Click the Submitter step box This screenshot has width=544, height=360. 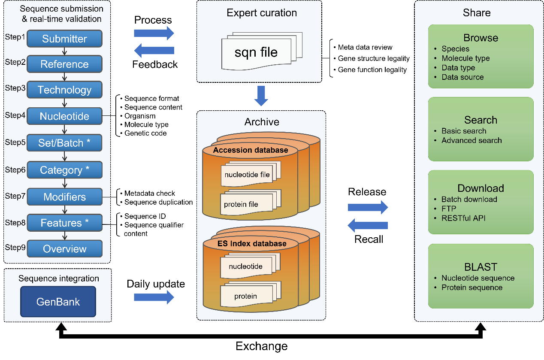pos(64,39)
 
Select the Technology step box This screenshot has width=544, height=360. pos(64,90)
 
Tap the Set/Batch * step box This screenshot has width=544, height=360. pos(64,143)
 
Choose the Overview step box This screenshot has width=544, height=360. pos(64,249)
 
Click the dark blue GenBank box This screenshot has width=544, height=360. pos(58,302)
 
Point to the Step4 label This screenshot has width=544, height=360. pos(15,115)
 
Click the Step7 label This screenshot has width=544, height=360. pos(15,196)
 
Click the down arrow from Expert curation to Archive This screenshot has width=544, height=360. pos(261,96)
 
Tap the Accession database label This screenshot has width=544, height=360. pos(251,150)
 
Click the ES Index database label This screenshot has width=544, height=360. pos(251,244)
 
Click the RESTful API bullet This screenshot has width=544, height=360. pos(463,218)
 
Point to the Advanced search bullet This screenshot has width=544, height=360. pos(471,140)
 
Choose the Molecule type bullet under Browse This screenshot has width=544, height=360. pos(465,58)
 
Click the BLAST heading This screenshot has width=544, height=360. pos(481,267)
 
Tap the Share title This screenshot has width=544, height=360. pos(476,13)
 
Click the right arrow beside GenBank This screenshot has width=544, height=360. pos(154,297)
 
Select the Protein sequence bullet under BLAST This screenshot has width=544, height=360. pos(472,287)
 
